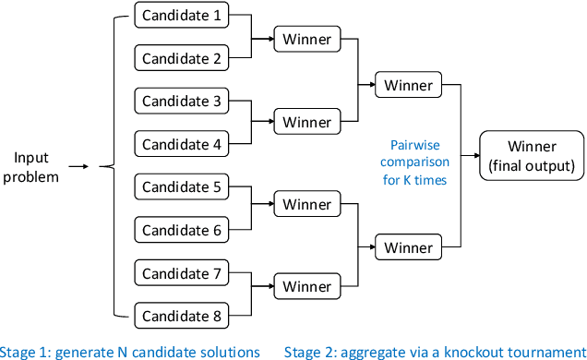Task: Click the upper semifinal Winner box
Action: click(408, 85)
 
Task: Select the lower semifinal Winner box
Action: click(408, 247)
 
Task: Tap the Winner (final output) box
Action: click(532, 156)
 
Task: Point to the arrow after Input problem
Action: click(80, 166)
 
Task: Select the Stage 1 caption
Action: click(129, 351)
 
